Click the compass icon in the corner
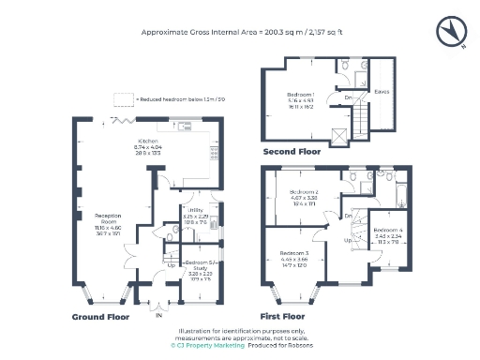point(451,32)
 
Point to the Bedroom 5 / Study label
point(197,268)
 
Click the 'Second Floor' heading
point(292,151)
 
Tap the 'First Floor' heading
point(286,317)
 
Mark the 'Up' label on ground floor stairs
point(170,264)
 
